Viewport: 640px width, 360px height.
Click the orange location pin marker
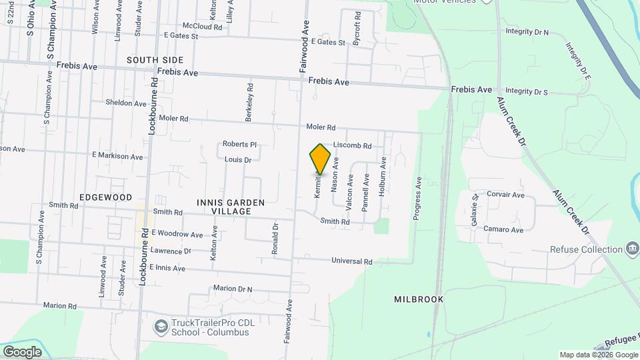click(x=320, y=159)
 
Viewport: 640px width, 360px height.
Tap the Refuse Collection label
click(x=586, y=250)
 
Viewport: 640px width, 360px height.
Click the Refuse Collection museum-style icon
click(x=631, y=250)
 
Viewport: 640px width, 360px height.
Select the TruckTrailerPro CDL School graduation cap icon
click(x=161, y=327)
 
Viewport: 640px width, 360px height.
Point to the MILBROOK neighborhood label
click(x=418, y=299)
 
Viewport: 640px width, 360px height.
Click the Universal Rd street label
click(x=354, y=262)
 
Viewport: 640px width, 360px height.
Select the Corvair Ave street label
click(x=505, y=195)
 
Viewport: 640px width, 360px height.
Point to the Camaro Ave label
click(x=505, y=229)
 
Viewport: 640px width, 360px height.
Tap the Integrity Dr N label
click(x=527, y=31)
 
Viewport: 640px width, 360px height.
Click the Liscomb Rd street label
click(x=351, y=145)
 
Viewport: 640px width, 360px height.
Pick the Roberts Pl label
click(x=239, y=144)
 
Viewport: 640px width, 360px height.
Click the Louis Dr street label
click(x=237, y=160)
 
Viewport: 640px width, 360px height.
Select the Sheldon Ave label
click(x=125, y=103)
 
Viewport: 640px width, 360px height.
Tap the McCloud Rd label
click(x=202, y=26)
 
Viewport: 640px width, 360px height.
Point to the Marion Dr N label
click(x=233, y=289)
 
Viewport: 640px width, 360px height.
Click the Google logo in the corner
click(x=22, y=351)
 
